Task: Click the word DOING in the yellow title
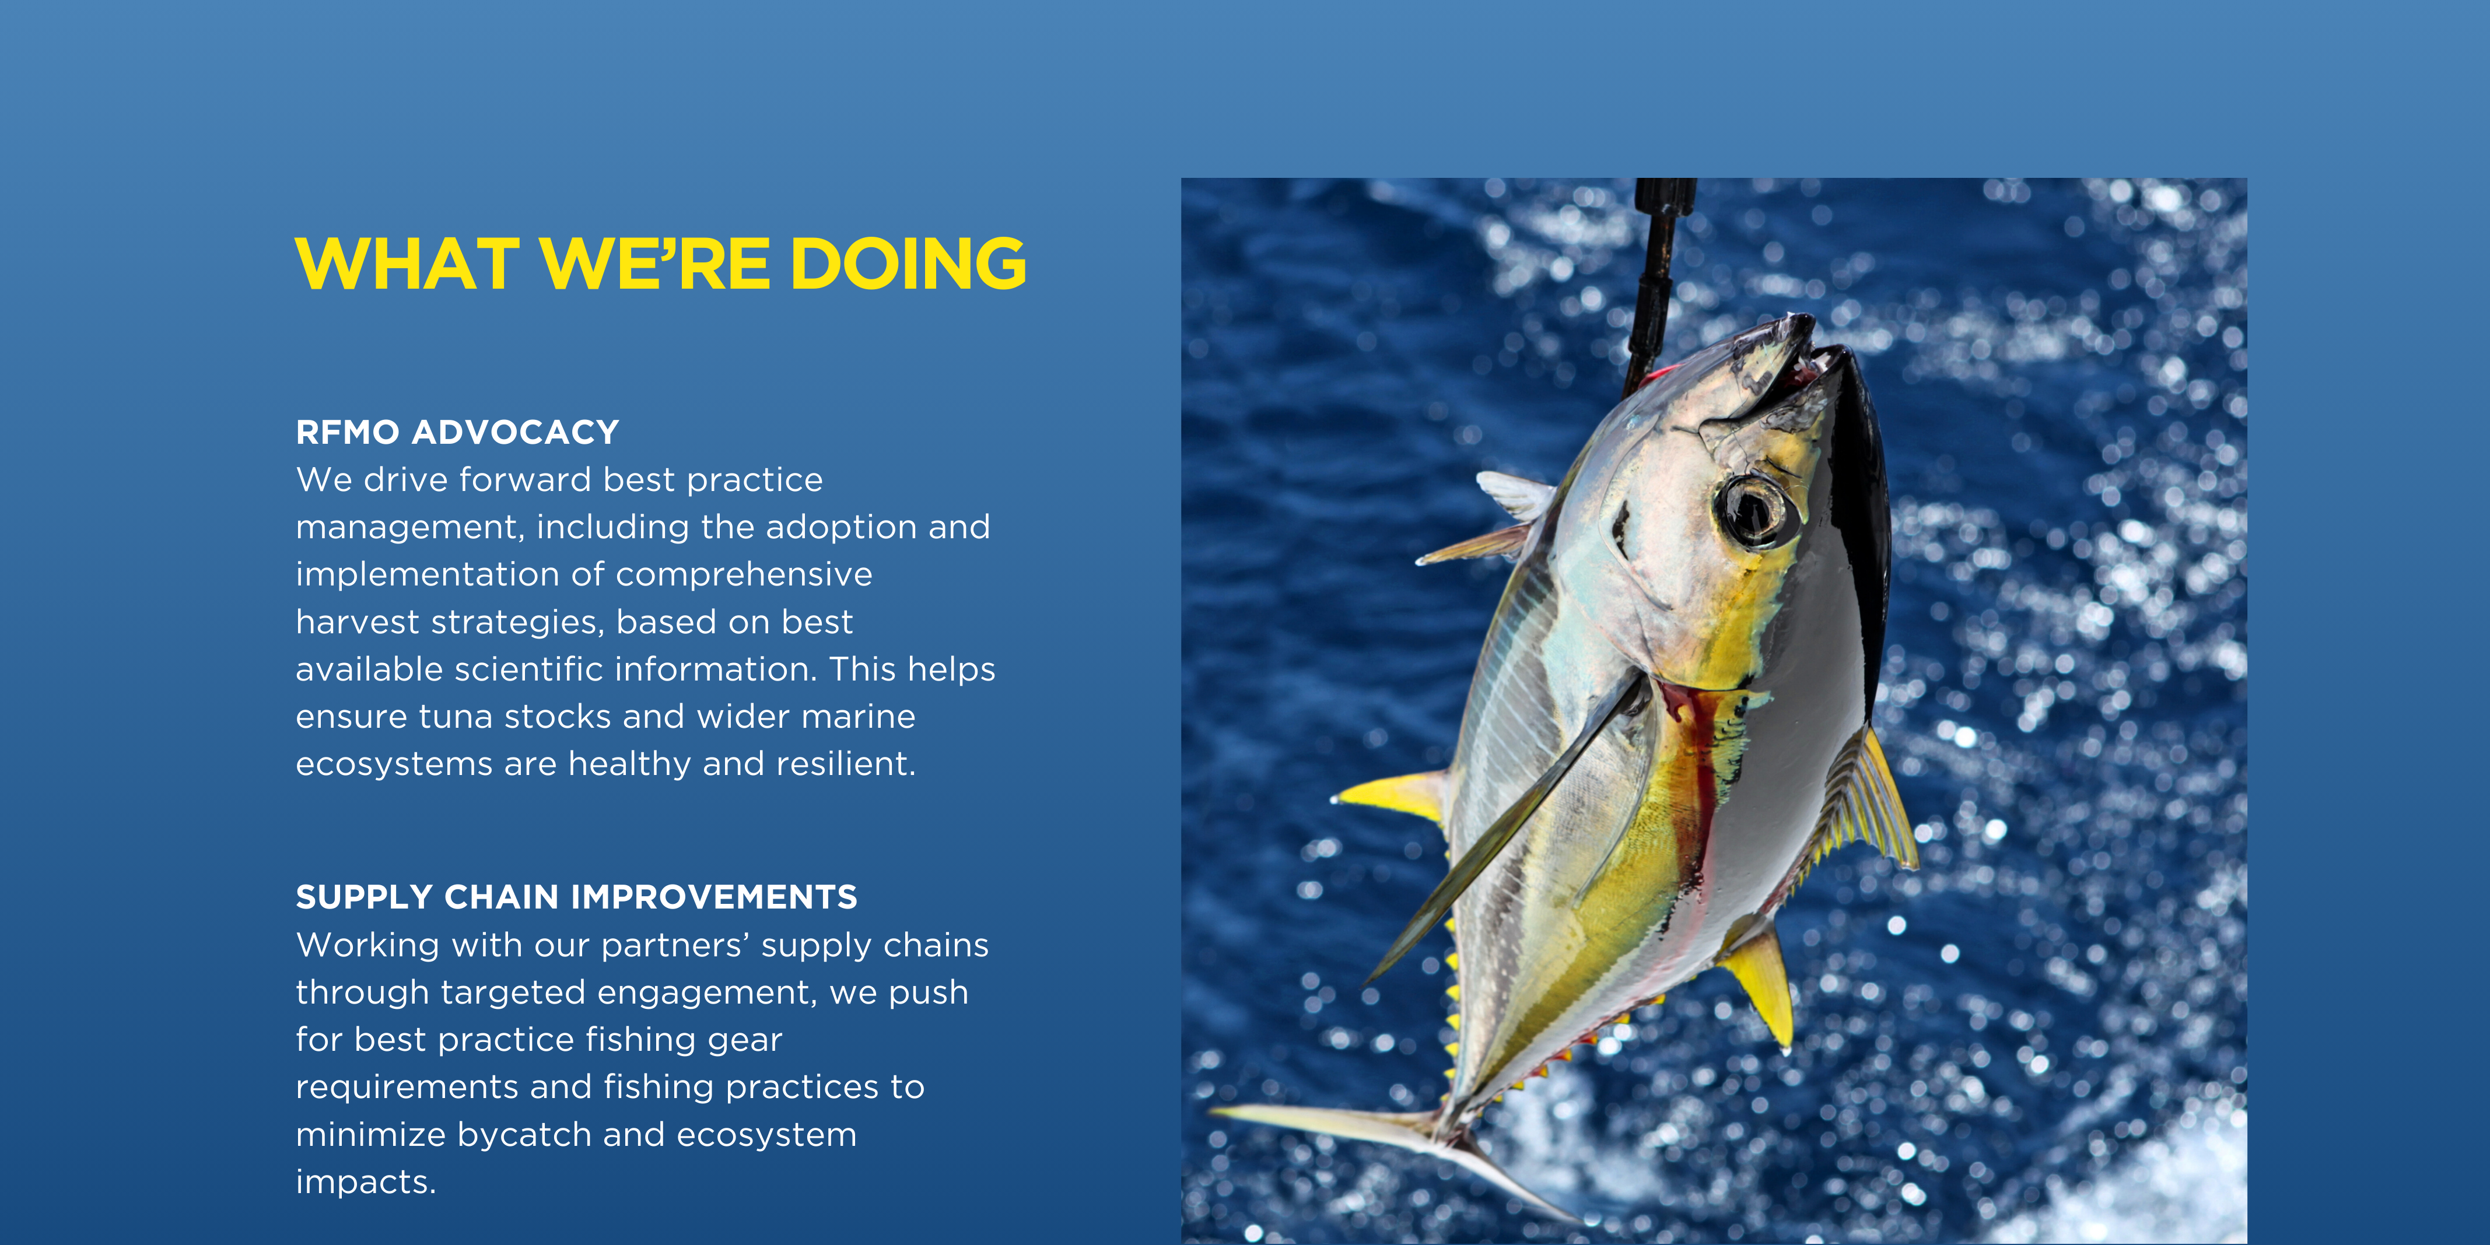[x=909, y=264]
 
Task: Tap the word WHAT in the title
[x=408, y=264]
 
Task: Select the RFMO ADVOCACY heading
[x=457, y=432]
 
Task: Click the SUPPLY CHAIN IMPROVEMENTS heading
[x=576, y=897]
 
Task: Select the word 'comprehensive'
[x=744, y=575]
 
